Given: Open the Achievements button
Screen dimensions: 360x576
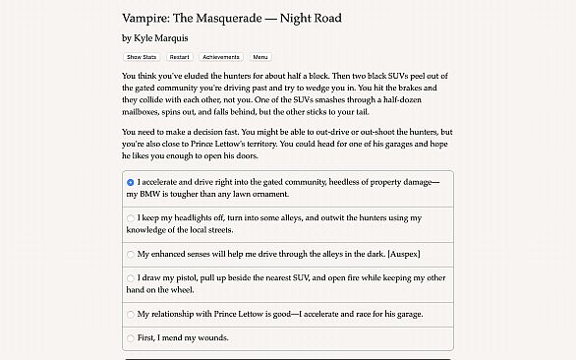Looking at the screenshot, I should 221,57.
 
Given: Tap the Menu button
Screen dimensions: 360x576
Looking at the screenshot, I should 260,57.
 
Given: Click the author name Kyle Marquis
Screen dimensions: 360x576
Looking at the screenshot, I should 161,37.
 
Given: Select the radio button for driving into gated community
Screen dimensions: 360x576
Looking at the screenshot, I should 131,182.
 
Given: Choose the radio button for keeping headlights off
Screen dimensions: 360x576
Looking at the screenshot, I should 131,217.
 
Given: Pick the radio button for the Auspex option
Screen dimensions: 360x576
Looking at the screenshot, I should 131,254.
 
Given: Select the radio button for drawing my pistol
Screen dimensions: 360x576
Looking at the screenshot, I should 131,278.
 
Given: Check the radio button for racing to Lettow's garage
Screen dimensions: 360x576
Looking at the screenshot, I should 131,315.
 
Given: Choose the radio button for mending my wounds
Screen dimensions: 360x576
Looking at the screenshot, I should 131,338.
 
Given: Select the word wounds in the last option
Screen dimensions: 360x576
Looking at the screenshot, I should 210,338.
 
